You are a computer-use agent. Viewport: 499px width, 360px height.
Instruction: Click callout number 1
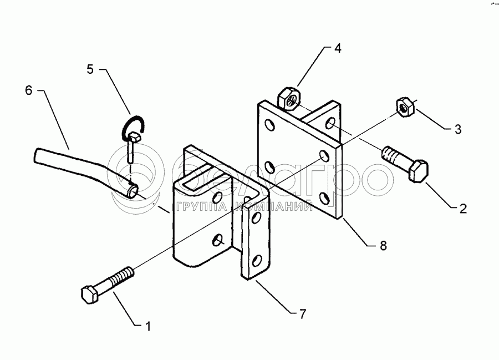coord(148,326)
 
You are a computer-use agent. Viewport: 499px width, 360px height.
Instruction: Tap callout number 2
coord(463,208)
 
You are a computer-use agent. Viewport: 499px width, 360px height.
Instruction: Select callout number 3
coord(458,129)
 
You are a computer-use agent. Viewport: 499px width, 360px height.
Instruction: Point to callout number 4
coord(338,48)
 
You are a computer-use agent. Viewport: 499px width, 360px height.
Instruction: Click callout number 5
coord(90,69)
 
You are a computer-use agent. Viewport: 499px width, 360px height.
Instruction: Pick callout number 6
coord(29,90)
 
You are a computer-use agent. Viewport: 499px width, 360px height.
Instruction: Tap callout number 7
coord(302,314)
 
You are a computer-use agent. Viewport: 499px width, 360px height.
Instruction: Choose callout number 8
coord(383,245)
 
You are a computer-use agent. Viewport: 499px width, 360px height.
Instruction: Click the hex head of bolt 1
coord(90,295)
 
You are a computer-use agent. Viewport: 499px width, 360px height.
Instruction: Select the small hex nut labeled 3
coord(404,107)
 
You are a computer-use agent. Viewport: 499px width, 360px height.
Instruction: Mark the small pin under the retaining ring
coord(131,148)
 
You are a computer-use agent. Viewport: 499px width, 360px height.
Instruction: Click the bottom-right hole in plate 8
coord(324,198)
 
